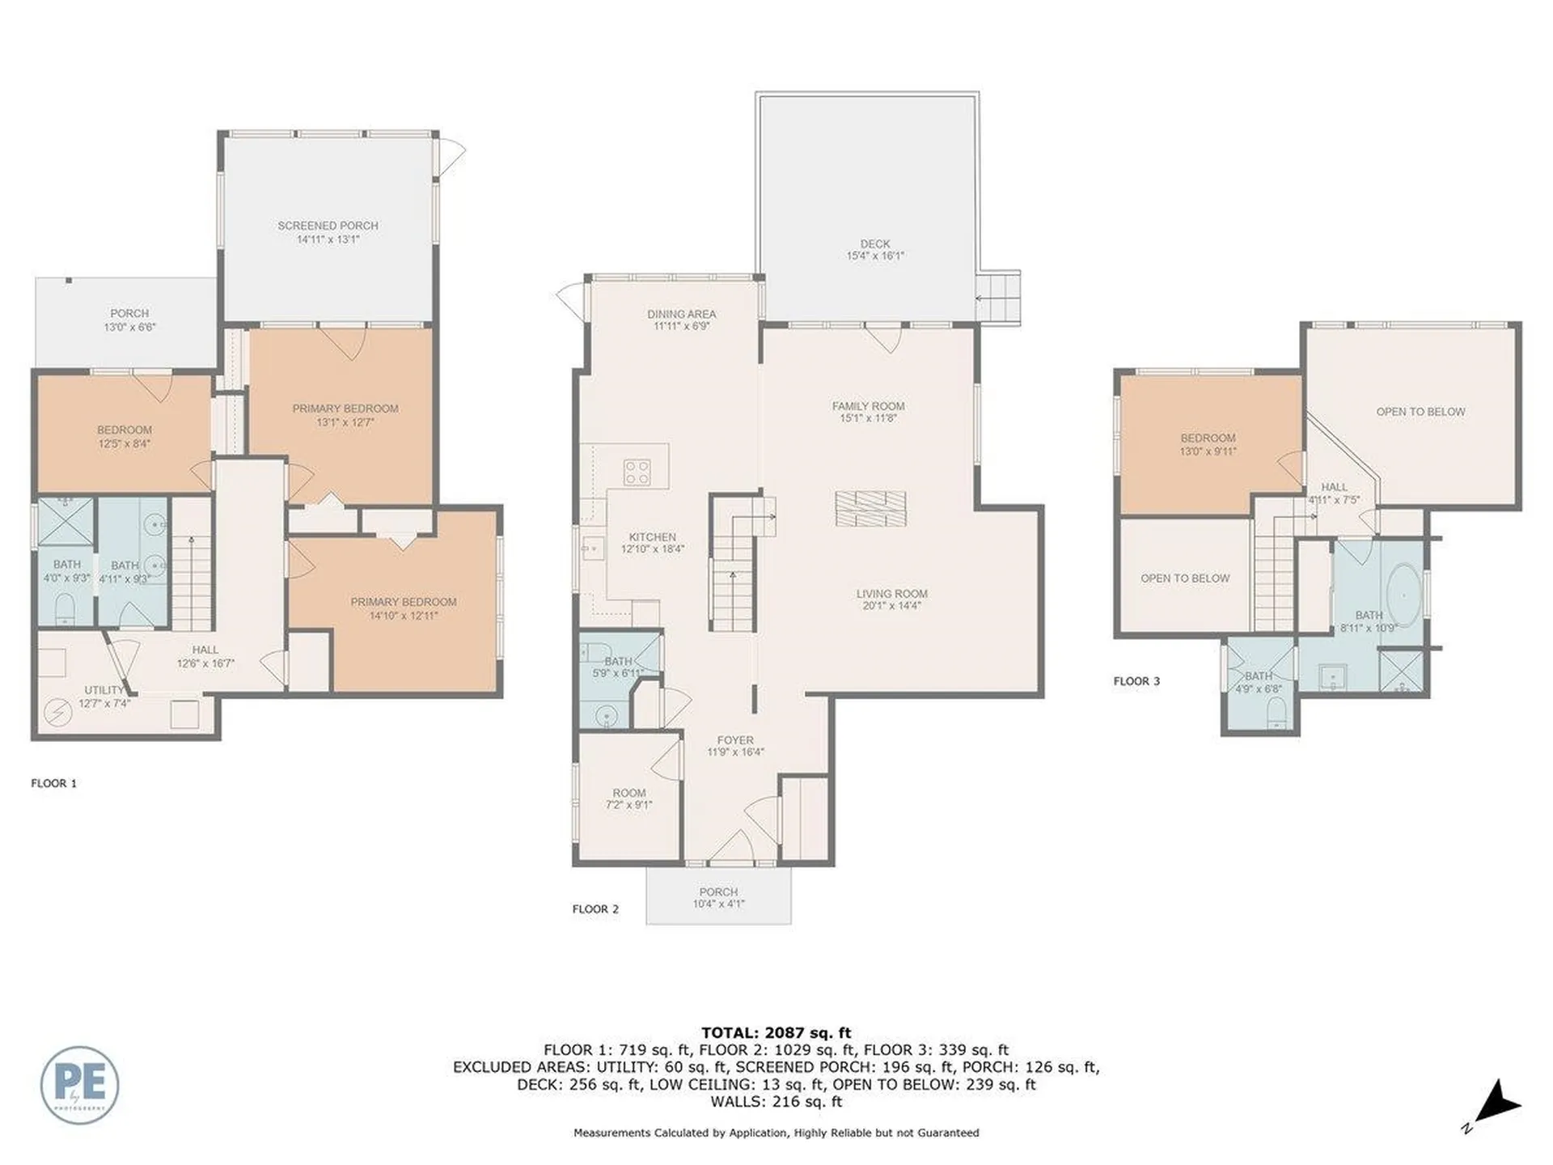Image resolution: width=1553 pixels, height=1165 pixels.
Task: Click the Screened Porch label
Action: [x=328, y=226]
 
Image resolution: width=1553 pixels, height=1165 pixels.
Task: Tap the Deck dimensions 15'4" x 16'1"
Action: [x=875, y=256]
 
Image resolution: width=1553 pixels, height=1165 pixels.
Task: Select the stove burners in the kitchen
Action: [x=637, y=472]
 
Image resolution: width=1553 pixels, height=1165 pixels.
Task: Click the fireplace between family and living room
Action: [x=870, y=508]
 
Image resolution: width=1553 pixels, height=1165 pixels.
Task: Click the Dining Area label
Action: [x=681, y=314]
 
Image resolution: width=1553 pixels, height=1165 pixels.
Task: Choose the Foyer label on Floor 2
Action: [x=734, y=740]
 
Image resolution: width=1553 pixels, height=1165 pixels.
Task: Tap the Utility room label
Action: [x=104, y=690]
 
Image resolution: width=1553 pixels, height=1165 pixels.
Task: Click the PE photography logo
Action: [x=79, y=1084]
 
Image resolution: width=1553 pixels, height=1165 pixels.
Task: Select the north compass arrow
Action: [x=1498, y=1105]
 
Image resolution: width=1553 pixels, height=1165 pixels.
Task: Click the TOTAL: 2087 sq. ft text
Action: [x=776, y=1032]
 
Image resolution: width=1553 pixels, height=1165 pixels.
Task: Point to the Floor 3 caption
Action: [x=1136, y=681]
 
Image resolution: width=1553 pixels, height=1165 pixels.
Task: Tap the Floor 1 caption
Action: [x=53, y=783]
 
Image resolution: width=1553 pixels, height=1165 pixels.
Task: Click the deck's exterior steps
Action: [x=1000, y=297]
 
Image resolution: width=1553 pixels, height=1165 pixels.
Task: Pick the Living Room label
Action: [x=891, y=594]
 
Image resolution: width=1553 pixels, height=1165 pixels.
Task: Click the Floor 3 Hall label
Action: [x=1334, y=487]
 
